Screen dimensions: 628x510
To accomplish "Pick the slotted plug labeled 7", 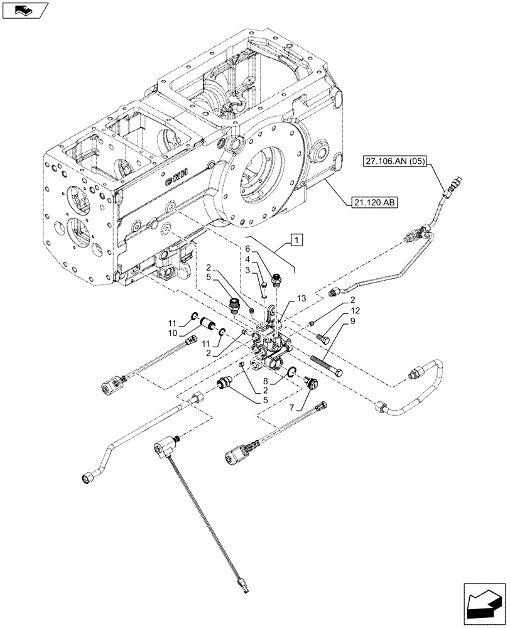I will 311,381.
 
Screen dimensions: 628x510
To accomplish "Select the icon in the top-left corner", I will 25,11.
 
